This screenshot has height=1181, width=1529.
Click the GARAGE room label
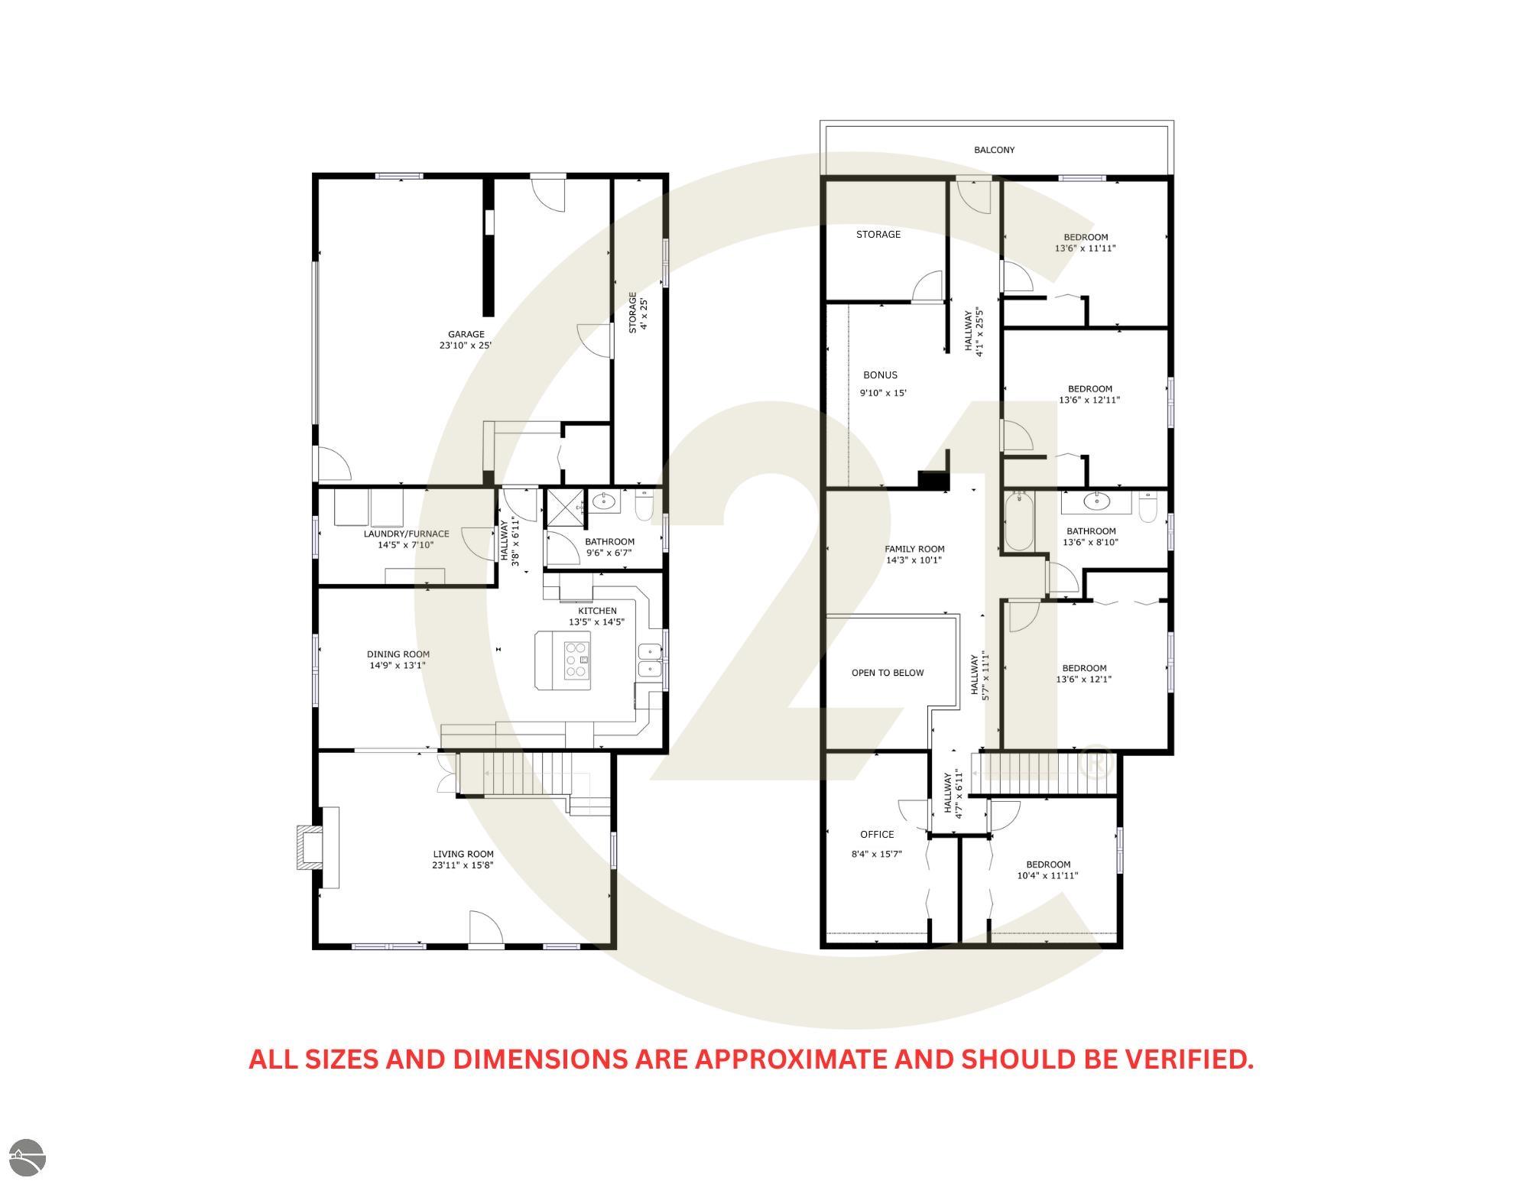(x=466, y=334)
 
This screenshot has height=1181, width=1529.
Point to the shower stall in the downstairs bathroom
(x=563, y=507)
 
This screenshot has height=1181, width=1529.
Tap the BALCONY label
(x=994, y=150)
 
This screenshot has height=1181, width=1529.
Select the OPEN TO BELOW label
(x=888, y=673)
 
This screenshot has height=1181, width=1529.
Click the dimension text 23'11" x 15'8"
(x=463, y=865)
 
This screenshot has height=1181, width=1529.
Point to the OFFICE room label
(x=877, y=834)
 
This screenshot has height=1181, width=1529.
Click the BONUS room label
(x=880, y=375)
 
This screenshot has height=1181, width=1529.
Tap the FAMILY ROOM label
(x=914, y=549)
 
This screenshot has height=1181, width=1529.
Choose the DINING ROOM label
(x=398, y=654)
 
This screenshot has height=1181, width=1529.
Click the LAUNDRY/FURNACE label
(x=406, y=534)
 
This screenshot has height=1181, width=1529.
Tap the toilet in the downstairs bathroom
(x=644, y=505)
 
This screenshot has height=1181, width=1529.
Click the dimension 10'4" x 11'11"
(x=1047, y=876)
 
